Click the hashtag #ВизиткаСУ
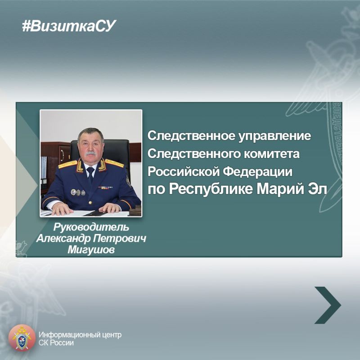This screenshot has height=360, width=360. click(69, 26)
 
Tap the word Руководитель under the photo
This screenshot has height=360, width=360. click(91, 227)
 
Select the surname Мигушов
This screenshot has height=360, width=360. click(91, 250)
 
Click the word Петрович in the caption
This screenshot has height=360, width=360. click(119, 238)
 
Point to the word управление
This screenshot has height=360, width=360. click(274, 136)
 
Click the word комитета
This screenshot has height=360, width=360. click(271, 154)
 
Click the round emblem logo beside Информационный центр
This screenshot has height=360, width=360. click(22, 338)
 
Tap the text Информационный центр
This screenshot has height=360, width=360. click(80, 335)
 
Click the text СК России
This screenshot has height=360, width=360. click(56, 343)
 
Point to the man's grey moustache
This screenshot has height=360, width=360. click(90, 153)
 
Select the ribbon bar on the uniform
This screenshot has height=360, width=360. click(105, 188)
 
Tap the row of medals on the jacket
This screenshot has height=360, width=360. click(78, 193)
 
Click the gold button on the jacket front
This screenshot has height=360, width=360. click(90, 202)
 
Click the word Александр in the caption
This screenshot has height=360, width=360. click(63, 238)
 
